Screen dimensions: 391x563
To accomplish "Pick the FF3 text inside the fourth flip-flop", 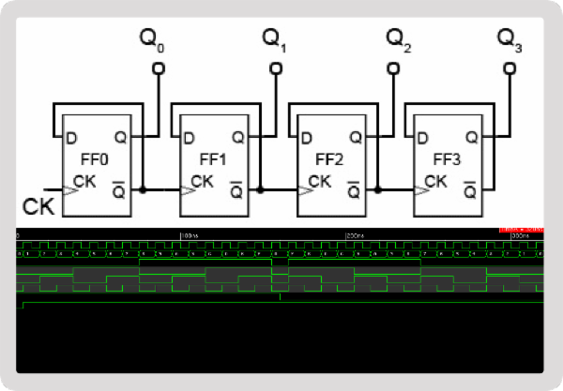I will [x=445, y=158].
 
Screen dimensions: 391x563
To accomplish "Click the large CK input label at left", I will [x=35, y=203].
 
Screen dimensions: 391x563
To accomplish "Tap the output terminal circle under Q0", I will [x=157, y=68].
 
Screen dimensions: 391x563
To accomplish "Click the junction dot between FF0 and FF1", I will [x=143, y=189].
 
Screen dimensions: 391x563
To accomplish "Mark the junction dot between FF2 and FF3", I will [x=377, y=189].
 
